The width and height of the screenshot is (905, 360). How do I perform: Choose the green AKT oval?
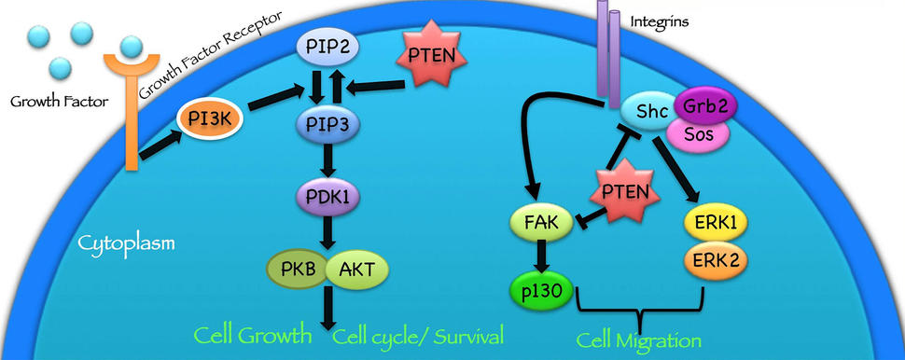click(356, 270)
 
